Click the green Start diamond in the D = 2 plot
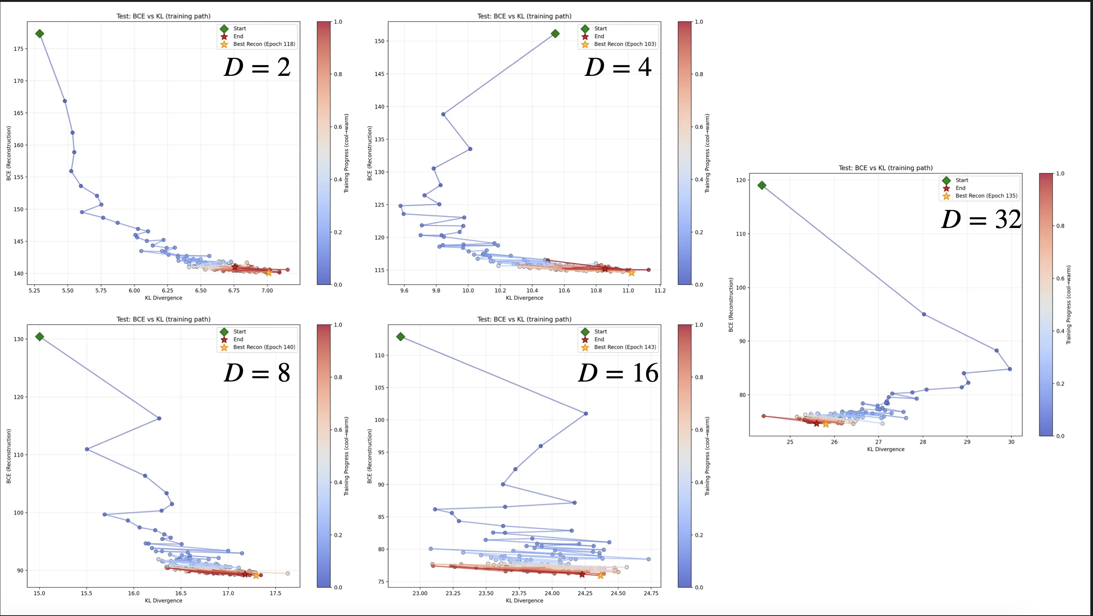(x=40, y=34)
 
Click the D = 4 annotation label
(x=618, y=68)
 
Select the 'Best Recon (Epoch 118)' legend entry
(x=264, y=44)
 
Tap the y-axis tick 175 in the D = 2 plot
(x=18, y=49)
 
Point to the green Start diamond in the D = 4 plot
(x=555, y=34)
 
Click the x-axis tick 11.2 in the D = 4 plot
(x=660, y=291)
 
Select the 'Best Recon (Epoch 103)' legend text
(x=625, y=44)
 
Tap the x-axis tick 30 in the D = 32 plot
(x=1011, y=442)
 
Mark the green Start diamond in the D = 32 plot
(x=761, y=185)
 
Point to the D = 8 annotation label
(x=257, y=373)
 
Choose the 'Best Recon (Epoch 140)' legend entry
(x=264, y=347)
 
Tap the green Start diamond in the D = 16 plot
(x=400, y=337)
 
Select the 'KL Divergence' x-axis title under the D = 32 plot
(x=886, y=449)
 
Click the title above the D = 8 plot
(x=163, y=319)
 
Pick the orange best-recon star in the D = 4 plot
(x=631, y=273)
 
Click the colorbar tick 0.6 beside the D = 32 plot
(x=1060, y=279)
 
